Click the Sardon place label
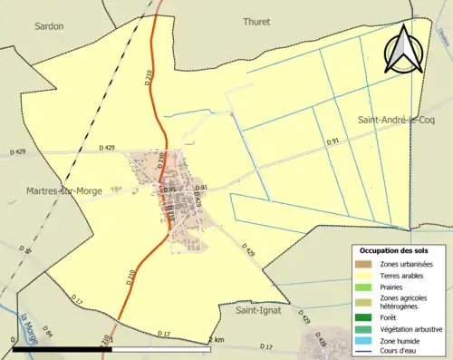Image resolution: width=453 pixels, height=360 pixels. (x=49, y=26)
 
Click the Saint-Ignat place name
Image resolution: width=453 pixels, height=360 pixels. (x=258, y=310)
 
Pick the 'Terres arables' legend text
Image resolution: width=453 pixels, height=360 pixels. (x=405, y=276)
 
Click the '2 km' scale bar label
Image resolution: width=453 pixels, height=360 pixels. (x=216, y=339)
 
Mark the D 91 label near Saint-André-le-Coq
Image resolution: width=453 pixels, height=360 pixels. (x=333, y=141)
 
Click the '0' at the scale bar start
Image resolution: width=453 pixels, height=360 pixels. (x=13, y=339)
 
